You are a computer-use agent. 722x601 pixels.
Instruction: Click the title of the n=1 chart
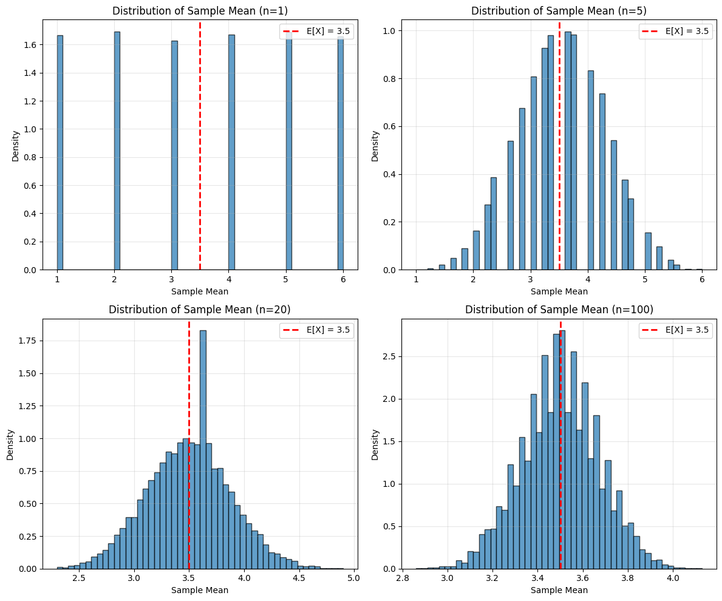click(200, 11)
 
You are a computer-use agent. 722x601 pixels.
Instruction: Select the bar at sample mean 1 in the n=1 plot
click(60, 152)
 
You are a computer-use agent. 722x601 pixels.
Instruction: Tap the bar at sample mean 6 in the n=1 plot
click(341, 152)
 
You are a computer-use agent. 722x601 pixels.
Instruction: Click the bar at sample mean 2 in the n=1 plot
click(117, 152)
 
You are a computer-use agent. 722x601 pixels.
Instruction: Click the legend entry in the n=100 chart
click(675, 331)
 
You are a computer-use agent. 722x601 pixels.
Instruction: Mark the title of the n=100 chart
click(559, 310)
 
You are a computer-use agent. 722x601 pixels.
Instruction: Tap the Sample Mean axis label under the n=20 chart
click(200, 589)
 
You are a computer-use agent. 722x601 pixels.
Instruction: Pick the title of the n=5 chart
click(559, 11)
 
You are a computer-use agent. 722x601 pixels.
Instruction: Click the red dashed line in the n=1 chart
click(200, 152)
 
